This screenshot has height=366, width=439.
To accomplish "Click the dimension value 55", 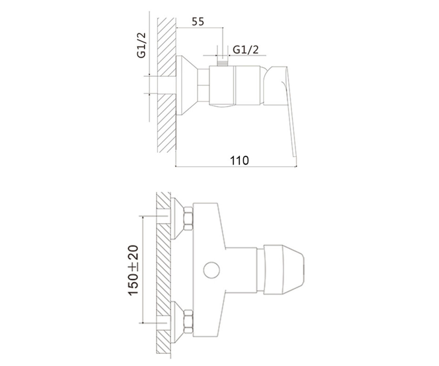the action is click(x=198, y=22).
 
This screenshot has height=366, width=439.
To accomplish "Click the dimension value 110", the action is click(x=240, y=161).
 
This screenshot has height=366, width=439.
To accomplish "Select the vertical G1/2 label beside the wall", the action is click(x=141, y=45).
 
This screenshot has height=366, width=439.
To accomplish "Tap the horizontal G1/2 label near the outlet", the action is click(x=245, y=50).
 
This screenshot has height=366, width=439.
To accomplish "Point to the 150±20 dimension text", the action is click(x=133, y=270).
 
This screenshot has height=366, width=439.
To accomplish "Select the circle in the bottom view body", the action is click(x=211, y=270).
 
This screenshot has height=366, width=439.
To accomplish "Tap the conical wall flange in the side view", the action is click(x=186, y=85).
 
